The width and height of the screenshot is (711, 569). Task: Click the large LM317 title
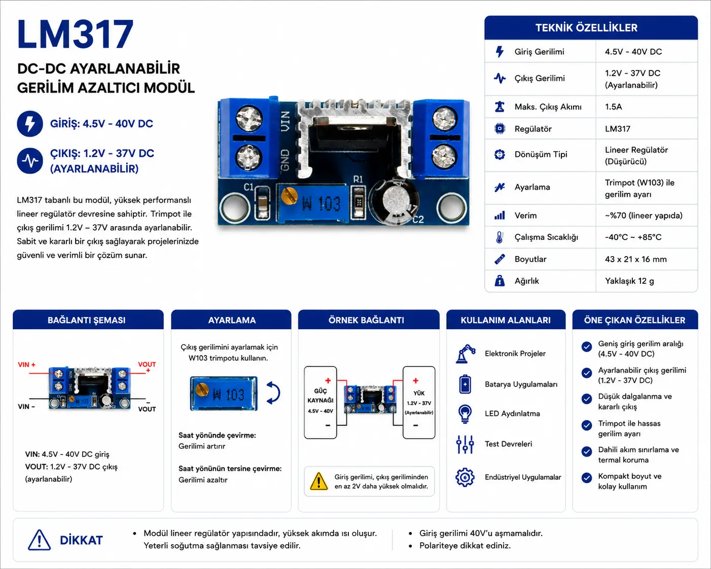click(76, 34)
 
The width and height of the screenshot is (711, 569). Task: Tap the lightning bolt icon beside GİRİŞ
click(30, 124)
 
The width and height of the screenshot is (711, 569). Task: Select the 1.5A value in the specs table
click(613, 106)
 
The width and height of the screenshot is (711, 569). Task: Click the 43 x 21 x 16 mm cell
click(635, 259)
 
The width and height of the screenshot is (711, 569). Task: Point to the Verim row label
click(525, 216)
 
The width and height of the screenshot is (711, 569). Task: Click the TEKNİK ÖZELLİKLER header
click(586, 28)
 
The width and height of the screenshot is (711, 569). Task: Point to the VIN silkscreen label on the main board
click(285, 121)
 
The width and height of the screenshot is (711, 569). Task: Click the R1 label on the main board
click(358, 180)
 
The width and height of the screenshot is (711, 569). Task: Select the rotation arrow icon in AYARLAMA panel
click(273, 393)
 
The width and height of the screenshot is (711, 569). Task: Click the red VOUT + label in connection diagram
click(147, 367)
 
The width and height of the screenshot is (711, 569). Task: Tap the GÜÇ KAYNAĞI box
click(320, 403)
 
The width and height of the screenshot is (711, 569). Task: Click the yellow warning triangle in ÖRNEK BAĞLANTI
click(318, 481)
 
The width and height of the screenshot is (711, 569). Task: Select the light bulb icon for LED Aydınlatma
click(465, 414)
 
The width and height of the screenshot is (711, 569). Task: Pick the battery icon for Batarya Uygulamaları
click(465, 384)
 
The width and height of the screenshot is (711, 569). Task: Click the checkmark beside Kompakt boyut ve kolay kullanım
click(586, 478)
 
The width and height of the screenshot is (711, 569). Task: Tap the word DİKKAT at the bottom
click(81, 540)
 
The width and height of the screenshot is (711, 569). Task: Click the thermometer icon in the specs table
click(499, 237)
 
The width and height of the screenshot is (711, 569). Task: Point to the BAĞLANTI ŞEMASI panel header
click(87, 320)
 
